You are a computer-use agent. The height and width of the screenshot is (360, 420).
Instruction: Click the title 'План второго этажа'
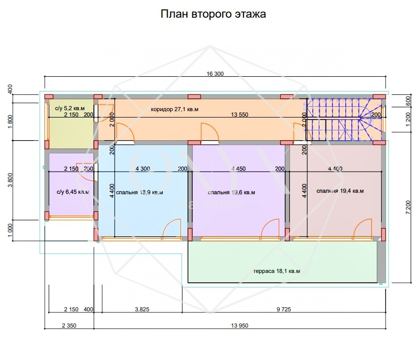point(213,14)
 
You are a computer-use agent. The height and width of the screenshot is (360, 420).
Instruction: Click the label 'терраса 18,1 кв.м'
point(276,271)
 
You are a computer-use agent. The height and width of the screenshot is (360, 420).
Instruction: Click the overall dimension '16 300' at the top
point(215,74)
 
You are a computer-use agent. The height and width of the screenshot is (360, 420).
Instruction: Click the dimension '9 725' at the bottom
point(284,309)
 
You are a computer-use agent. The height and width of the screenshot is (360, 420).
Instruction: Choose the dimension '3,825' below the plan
point(142,309)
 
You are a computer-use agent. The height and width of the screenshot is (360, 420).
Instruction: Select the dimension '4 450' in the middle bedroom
point(239,169)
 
